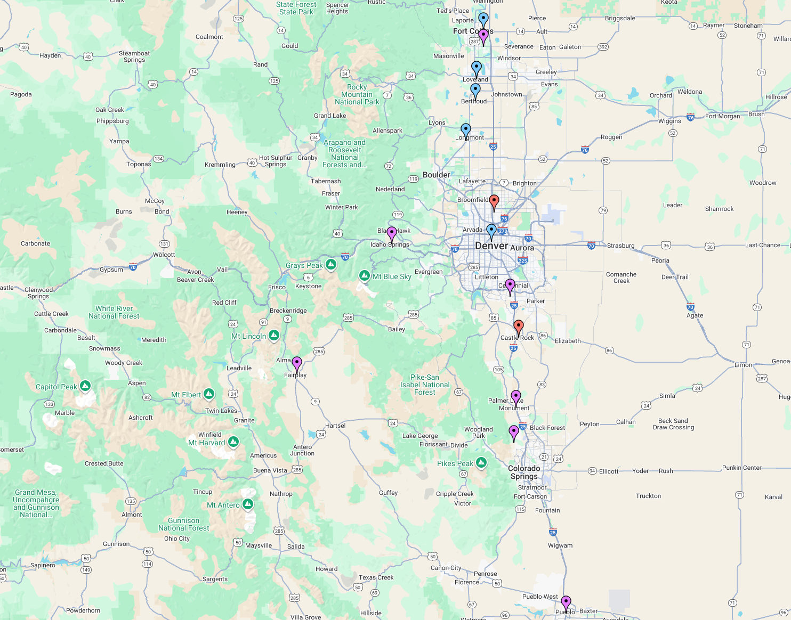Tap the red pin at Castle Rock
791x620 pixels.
pyautogui.click(x=518, y=327)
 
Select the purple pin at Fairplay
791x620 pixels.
pyautogui.click(x=297, y=363)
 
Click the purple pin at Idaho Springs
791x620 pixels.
pyautogui.click(x=392, y=233)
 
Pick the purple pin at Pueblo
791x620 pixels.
pyautogui.click(x=566, y=602)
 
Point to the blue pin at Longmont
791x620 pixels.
pyautogui.click(x=466, y=130)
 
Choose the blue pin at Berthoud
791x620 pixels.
pyautogui.click(x=475, y=90)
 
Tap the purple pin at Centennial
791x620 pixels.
pyautogui.click(x=510, y=285)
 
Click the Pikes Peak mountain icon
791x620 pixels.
pyautogui.click(x=481, y=462)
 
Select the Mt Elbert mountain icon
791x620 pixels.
pyautogui.click(x=209, y=394)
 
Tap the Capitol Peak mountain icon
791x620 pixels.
pyautogui.click(x=85, y=386)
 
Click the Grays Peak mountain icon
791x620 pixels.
pyautogui.click(x=331, y=265)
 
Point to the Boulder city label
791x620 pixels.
pyautogui.click(x=436, y=175)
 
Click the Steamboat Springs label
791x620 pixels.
pyautogui.click(x=134, y=56)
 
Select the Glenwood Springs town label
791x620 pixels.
pyautogui.click(x=38, y=293)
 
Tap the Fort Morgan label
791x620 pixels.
pyautogui.click(x=722, y=116)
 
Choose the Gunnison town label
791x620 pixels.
pyautogui.click(x=116, y=544)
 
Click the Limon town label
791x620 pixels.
pyautogui.click(x=743, y=365)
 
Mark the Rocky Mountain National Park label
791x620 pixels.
pyautogui.click(x=357, y=94)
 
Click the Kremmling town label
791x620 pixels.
pyautogui.click(x=220, y=165)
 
